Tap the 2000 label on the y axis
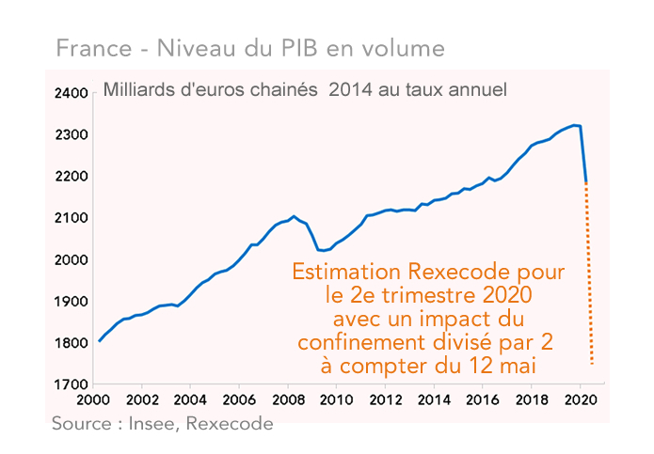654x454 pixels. point(75,259)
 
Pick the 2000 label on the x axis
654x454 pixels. point(92,400)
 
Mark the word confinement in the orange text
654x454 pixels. point(358,339)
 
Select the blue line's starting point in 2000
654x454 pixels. point(99,341)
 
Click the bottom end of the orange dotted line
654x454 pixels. point(592,363)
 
